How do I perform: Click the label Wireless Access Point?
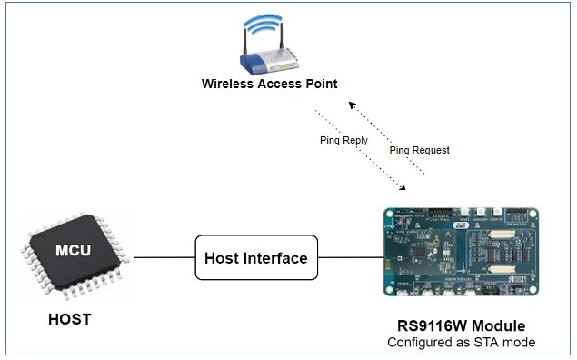click(x=269, y=85)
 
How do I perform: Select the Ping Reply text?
click(x=343, y=142)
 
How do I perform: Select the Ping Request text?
click(x=419, y=150)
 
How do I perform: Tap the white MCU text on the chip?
click(x=72, y=250)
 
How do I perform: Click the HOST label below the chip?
click(x=71, y=320)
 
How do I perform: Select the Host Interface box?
click(x=256, y=258)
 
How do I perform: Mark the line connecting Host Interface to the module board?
click(x=348, y=258)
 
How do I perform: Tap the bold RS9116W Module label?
click(x=461, y=325)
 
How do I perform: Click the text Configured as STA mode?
click(x=461, y=343)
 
